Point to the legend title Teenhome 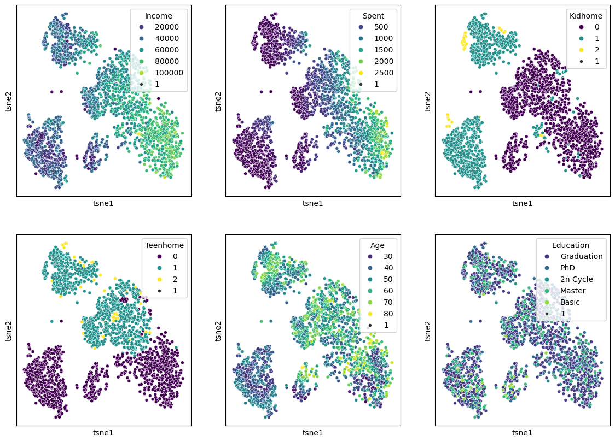click(x=164, y=245)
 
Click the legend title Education click(x=571, y=245)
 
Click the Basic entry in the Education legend click(x=570, y=302)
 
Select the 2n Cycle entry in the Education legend click(x=575, y=279)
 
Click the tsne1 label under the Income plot click(x=103, y=203)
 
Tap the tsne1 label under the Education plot click(x=522, y=433)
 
